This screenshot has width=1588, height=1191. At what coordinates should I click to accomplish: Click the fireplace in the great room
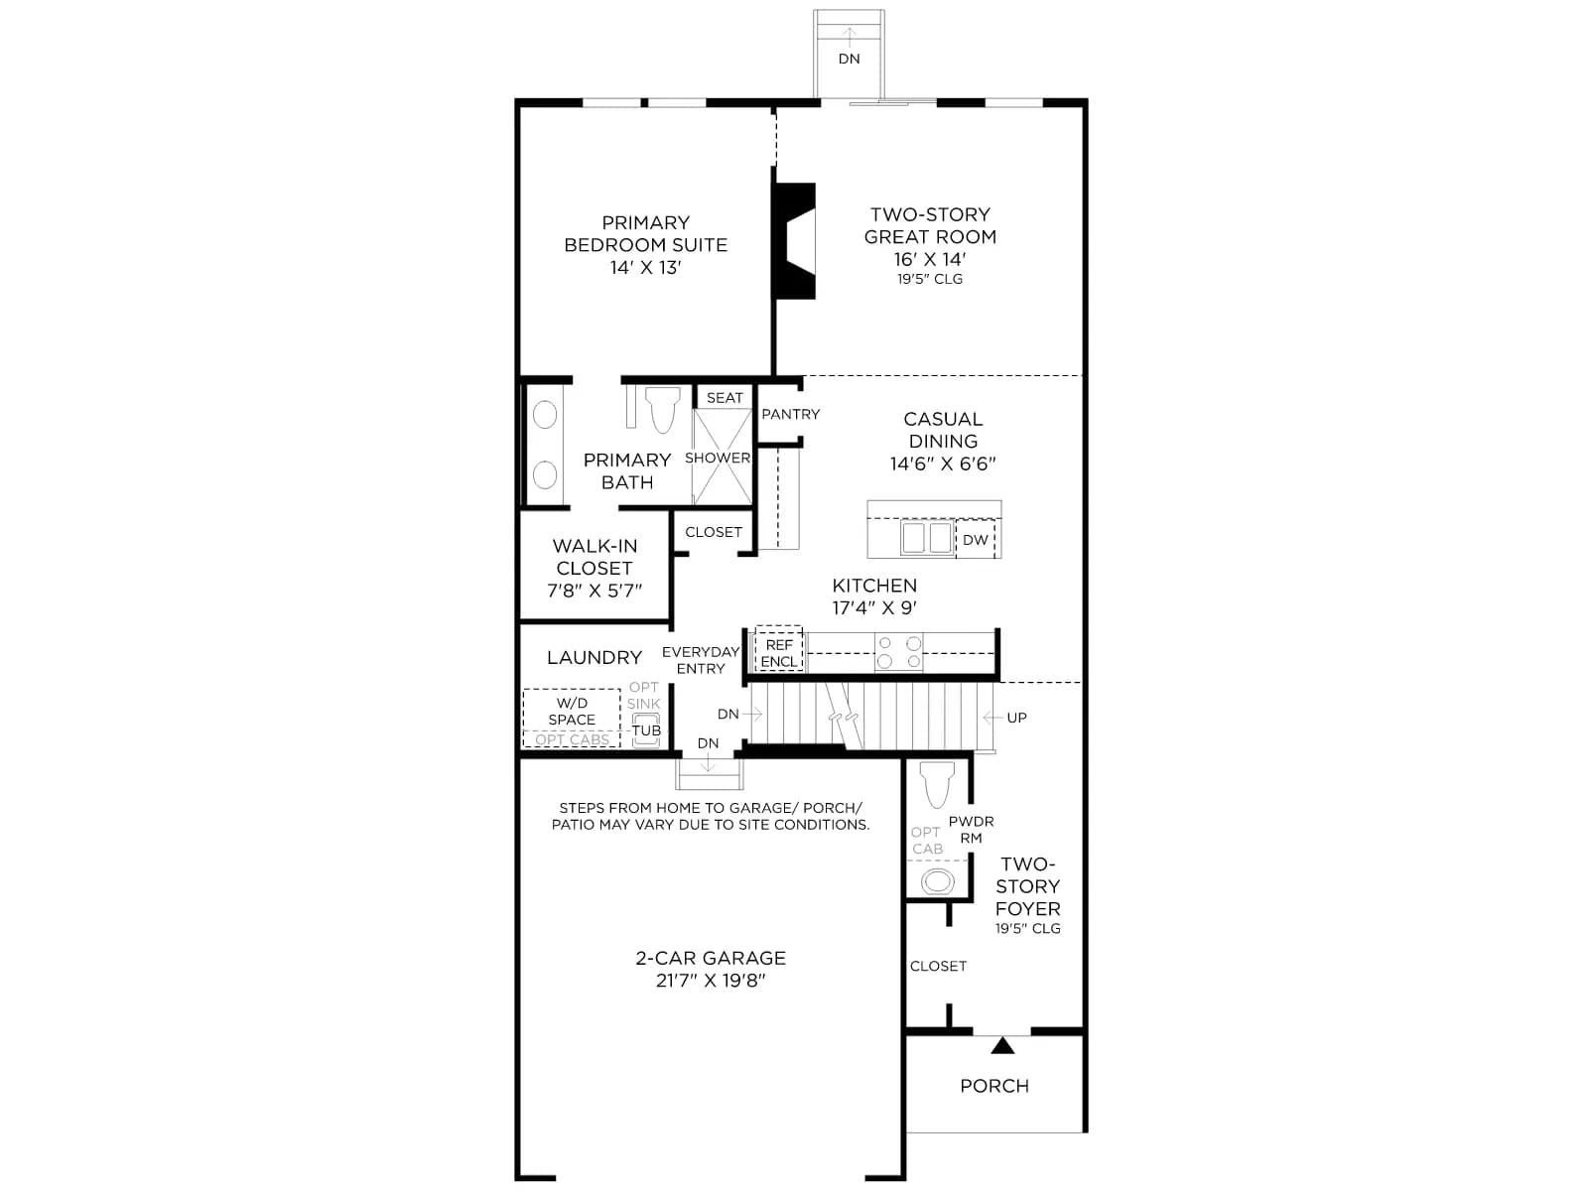click(794, 241)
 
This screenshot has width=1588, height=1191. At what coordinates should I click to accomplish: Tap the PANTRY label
click(790, 414)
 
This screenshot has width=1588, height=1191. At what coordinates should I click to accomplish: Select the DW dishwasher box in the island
click(975, 540)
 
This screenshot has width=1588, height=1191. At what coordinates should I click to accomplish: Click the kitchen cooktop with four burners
click(898, 651)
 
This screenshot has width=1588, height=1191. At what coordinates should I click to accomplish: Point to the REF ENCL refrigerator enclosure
click(778, 652)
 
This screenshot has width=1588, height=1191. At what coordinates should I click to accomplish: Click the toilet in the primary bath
click(662, 409)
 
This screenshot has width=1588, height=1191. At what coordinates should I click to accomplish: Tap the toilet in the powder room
click(937, 784)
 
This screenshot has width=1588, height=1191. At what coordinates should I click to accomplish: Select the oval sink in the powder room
click(938, 882)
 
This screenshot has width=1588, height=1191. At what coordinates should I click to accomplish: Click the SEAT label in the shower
click(725, 398)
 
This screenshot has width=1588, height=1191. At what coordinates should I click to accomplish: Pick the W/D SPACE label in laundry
click(572, 712)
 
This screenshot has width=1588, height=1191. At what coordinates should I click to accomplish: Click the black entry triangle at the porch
click(1002, 1046)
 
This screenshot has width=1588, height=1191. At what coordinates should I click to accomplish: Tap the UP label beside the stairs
click(1016, 718)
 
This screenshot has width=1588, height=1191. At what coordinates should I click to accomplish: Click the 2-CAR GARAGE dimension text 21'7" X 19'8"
click(711, 981)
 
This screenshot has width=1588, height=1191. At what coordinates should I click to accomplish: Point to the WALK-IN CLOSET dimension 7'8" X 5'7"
click(594, 591)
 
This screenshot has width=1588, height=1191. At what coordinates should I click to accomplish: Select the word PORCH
click(994, 1086)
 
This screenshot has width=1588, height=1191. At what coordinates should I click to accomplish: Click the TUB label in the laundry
click(646, 730)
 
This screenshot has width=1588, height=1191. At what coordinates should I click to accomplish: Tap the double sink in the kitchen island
click(926, 538)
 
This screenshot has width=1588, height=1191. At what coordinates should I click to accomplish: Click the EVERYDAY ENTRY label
click(701, 660)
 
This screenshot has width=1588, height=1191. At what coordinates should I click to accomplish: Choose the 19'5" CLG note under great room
click(930, 279)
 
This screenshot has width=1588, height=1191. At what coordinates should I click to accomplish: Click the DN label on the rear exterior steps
click(849, 59)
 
